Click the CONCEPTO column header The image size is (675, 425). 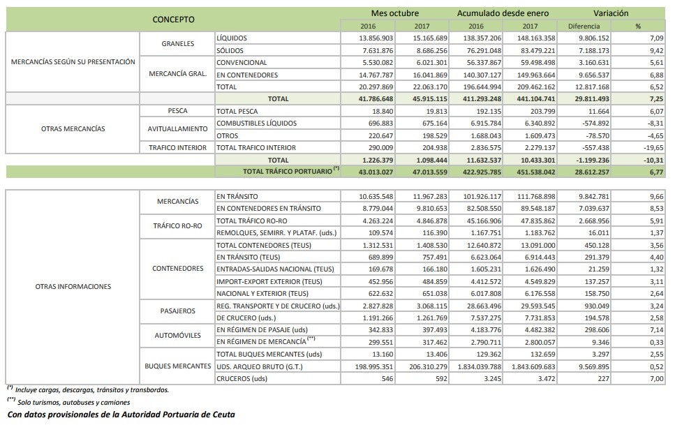pyautogui.click(x=173, y=19)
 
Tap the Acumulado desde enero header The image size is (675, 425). pyautogui.click(x=503, y=13)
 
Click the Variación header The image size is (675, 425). pyautogui.click(x=611, y=13)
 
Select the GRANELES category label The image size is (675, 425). pyautogui.click(x=177, y=44)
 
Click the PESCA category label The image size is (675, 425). pyautogui.click(x=177, y=111)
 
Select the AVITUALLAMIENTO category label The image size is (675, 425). pyautogui.click(x=177, y=129)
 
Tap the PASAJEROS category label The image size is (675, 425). pyautogui.click(x=177, y=311)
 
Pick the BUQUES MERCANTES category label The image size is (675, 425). pyautogui.click(x=177, y=366)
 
